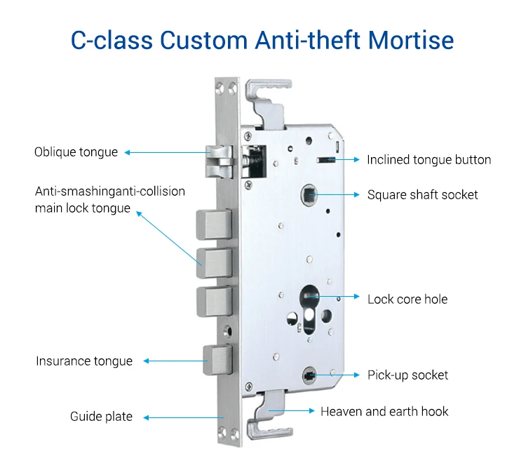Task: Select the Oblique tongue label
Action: [x=76, y=152]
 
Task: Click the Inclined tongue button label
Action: [x=429, y=160]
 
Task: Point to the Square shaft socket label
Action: [x=422, y=194]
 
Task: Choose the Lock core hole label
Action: [x=407, y=299]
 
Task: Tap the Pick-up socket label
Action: [x=407, y=375]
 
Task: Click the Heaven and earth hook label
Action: [x=384, y=411]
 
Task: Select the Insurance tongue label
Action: [x=84, y=361]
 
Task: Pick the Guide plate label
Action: [x=101, y=417]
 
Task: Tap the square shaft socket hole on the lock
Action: [x=308, y=194]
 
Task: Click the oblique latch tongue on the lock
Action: [x=219, y=161]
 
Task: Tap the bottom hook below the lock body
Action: [x=264, y=414]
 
